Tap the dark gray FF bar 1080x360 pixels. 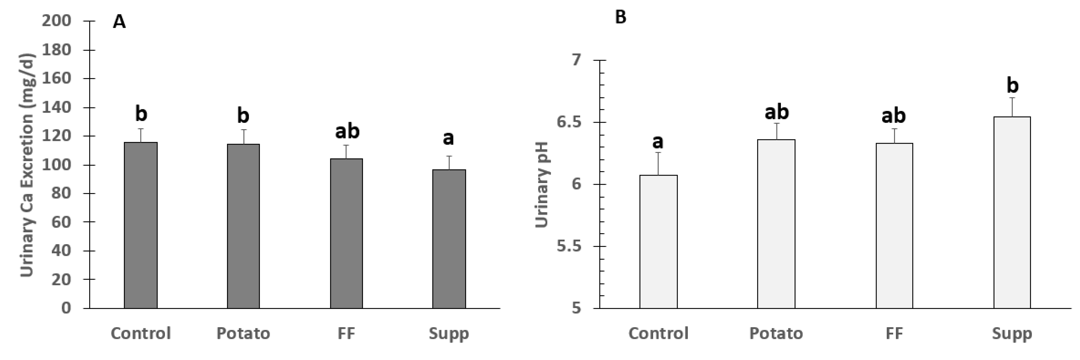(346, 234)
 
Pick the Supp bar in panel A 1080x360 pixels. (449, 239)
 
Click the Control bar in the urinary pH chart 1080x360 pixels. (658, 242)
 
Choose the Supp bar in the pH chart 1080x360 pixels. (1012, 213)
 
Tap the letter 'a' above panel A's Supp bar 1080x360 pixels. (448, 138)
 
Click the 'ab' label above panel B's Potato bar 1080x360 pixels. (777, 112)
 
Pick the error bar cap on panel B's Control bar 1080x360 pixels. (658, 153)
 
